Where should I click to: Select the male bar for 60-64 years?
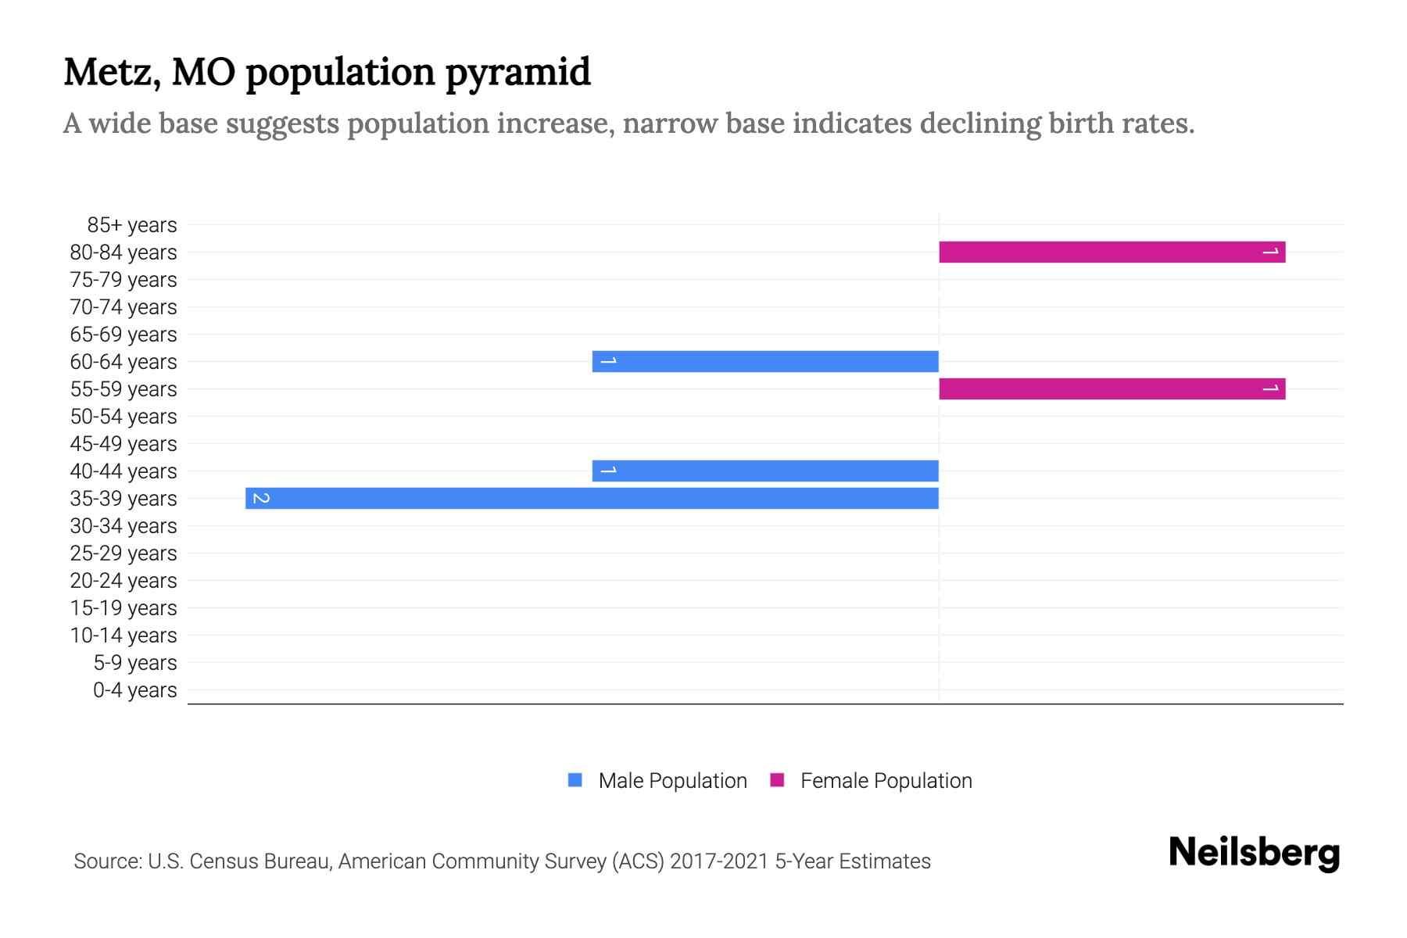click(x=765, y=362)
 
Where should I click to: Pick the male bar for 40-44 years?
click(x=765, y=471)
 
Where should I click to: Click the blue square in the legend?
click(x=575, y=780)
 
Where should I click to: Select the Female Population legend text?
click(x=886, y=781)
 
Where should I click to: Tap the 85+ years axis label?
click(x=132, y=225)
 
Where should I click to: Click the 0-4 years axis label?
click(x=134, y=690)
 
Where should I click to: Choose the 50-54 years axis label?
click(x=124, y=417)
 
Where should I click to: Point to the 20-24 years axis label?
click(x=124, y=581)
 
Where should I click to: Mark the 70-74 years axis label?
click(x=124, y=307)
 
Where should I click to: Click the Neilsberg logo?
click(x=1254, y=853)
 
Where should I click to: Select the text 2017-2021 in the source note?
click(x=719, y=861)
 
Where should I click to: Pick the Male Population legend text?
click(x=672, y=781)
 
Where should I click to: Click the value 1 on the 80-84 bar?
click(x=1271, y=252)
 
